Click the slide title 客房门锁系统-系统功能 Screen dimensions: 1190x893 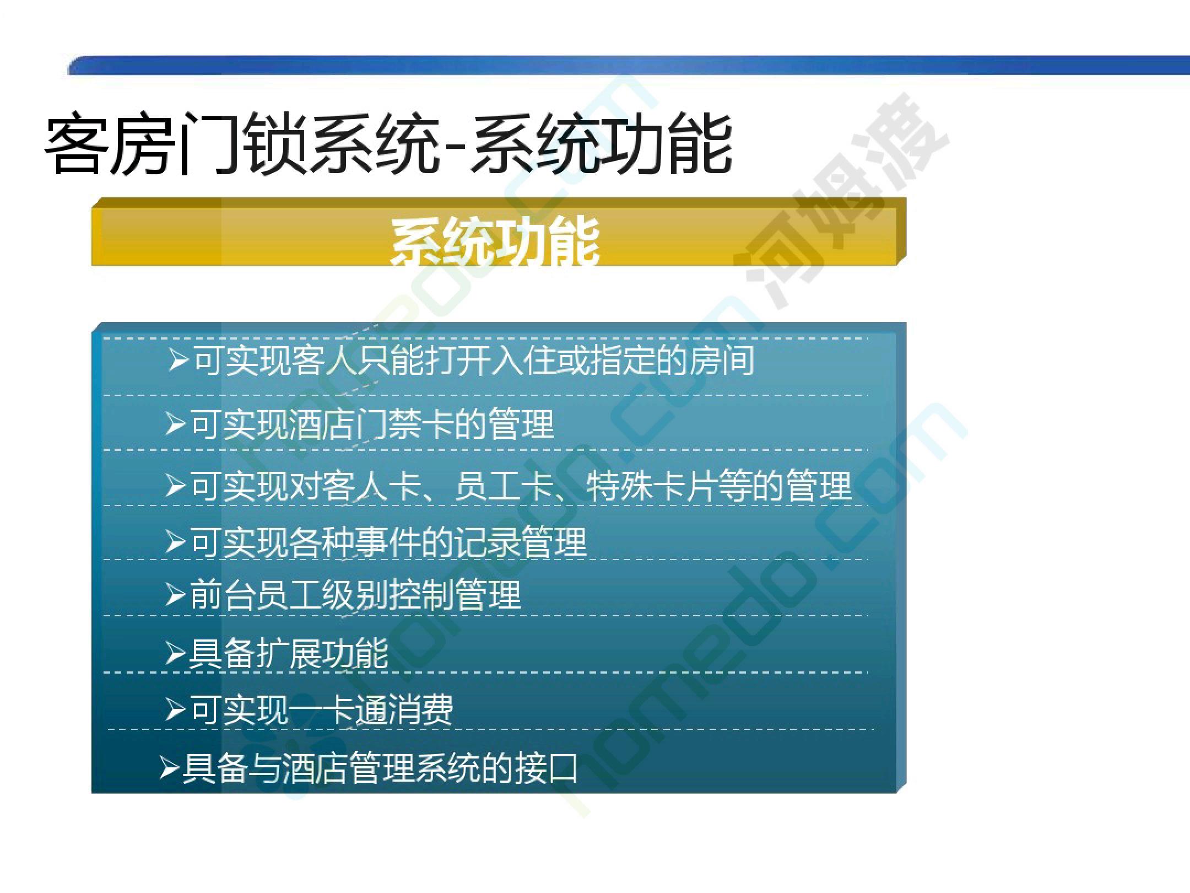coord(388,144)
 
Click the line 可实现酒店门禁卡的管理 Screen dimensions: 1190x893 coord(360,424)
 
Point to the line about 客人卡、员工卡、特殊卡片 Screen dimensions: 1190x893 coord(509,486)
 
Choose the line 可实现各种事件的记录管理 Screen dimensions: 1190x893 coord(376,542)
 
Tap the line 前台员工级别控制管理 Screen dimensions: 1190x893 coord(343,595)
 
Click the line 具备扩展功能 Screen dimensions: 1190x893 coord(277,654)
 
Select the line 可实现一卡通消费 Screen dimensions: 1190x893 coord(310,709)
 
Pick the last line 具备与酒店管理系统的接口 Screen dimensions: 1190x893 coord(369,768)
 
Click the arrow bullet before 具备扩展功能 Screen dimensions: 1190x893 coord(175,654)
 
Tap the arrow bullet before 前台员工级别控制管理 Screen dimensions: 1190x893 coord(175,595)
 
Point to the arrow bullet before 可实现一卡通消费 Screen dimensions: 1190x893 coord(175,710)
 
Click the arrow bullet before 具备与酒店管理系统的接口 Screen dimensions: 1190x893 coord(169,768)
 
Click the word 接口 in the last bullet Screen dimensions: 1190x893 coord(547,768)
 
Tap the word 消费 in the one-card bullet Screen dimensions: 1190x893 coord(421,709)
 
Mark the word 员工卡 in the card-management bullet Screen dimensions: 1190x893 coord(503,486)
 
